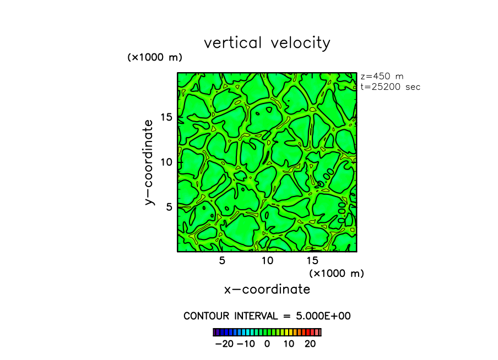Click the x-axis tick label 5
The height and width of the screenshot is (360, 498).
pyautogui.click(x=222, y=260)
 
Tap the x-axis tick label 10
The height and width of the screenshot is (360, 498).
pyautogui.click(x=267, y=260)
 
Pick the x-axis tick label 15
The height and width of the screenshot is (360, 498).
pyautogui.click(x=312, y=260)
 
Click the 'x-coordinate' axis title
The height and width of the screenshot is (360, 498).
pyautogui.click(x=267, y=289)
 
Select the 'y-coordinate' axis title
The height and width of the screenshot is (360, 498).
pyautogui.click(x=149, y=162)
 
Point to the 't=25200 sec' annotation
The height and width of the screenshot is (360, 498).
pyautogui.click(x=390, y=87)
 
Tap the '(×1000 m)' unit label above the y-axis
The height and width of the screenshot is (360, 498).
pyautogui.click(x=155, y=57)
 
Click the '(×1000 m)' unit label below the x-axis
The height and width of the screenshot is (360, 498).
pyautogui.click(x=337, y=273)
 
